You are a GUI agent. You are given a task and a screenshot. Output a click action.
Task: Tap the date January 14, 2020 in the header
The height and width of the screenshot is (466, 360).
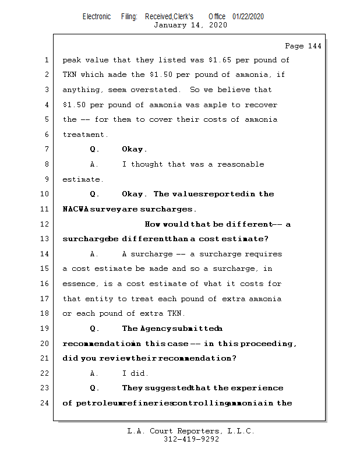190,25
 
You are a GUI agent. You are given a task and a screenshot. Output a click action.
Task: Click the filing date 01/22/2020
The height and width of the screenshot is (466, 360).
248,16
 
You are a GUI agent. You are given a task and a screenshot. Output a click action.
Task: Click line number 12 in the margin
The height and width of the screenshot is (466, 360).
46,224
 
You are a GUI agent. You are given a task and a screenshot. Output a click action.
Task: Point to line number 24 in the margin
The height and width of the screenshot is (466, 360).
46,403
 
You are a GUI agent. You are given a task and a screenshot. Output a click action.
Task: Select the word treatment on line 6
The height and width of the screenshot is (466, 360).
84,135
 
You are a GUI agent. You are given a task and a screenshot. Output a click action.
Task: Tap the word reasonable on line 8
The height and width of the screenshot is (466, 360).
241,164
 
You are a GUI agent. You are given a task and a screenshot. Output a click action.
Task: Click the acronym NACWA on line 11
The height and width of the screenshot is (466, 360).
75,209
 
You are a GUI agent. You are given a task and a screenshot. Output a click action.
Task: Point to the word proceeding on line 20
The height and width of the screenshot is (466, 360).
269,344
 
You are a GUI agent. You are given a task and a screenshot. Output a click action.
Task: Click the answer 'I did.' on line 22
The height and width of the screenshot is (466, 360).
135,373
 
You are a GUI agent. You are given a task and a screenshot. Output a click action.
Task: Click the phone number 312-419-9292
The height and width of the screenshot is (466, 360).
191,439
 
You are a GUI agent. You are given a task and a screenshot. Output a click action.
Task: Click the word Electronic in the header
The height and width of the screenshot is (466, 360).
97,16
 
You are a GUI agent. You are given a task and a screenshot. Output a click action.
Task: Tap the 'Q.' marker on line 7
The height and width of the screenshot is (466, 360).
94,150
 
